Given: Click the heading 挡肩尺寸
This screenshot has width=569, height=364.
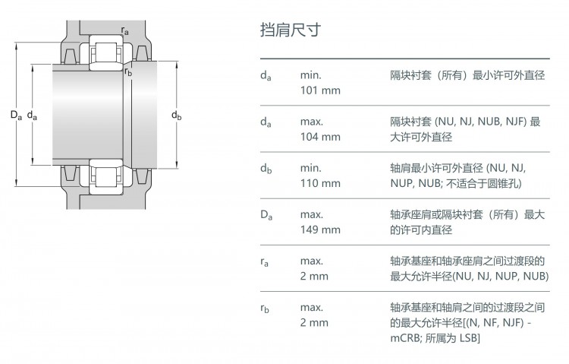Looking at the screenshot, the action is [x=291, y=30].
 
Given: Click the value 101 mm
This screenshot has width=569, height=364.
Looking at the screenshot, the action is [x=320, y=90].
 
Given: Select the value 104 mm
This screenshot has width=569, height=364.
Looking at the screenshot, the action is [x=320, y=137].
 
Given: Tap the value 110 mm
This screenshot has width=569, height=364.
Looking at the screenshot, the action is [x=320, y=183].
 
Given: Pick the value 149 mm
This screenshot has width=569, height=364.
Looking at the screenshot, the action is [x=320, y=229].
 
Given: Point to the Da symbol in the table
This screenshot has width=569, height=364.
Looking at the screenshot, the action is [x=266, y=215].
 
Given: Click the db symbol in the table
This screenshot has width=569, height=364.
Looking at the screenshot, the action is [x=266, y=169].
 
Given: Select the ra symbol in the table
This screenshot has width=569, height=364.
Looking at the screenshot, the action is [x=265, y=262].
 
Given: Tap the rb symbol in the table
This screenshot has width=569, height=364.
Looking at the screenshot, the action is [x=265, y=309].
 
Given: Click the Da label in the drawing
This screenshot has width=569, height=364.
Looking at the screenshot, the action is [x=17, y=116].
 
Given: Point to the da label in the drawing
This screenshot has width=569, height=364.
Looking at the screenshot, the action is [x=33, y=116].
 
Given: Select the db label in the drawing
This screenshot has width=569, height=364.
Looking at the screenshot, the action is [x=176, y=116].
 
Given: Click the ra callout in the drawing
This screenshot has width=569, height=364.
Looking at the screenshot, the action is [x=125, y=31].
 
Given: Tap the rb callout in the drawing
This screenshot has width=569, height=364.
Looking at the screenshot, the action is [x=128, y=72].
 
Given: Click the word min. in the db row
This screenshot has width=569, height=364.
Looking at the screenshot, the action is [x=310, y=169].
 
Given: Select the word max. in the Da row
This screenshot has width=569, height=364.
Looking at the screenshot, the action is [x=311, y=215].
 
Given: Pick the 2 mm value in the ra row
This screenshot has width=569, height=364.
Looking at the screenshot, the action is [x=314, y=277].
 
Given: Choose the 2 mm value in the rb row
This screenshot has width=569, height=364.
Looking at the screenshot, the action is [x=314, y=323].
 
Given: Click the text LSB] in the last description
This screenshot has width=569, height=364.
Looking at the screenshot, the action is [x=470, y=339].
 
